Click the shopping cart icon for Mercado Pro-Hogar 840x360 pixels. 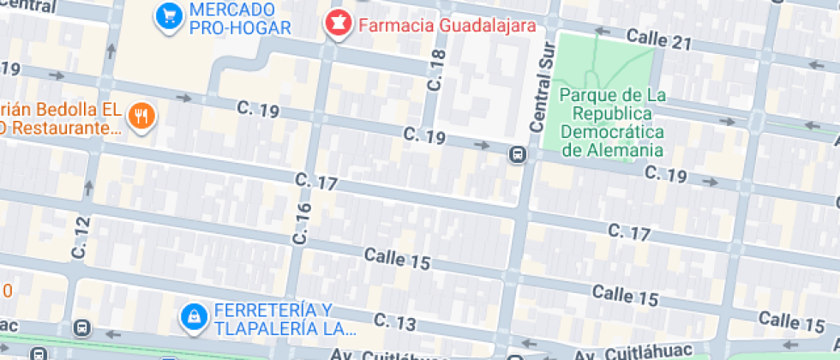click(x=168, y=15)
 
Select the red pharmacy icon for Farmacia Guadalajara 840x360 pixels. click(x=338, y=24)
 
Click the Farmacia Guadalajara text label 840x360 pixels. click(x=446, y=25)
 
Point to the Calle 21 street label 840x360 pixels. click(x=658, y=39)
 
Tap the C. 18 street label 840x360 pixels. click(x=437, y=71)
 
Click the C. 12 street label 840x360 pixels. click(x=81, y=237)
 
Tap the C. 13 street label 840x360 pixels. click(x=395, y=323)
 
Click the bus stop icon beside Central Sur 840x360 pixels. click(x=518, y=155)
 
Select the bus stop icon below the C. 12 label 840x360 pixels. click(x=81, y=328)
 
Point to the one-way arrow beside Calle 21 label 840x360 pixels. click(x=602, y=32)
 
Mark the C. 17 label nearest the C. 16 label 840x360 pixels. click(x=317, y=182)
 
